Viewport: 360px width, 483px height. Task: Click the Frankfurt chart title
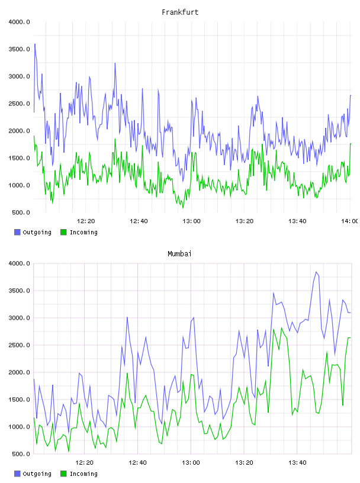180,12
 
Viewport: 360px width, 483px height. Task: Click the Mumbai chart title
179,254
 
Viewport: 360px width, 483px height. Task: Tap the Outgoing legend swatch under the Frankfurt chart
17,232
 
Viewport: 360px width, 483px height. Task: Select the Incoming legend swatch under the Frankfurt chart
63,232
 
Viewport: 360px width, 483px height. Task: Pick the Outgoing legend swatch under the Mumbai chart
17,474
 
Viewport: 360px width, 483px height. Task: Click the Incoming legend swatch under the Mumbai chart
63,474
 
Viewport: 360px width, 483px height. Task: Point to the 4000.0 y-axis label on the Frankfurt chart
19,22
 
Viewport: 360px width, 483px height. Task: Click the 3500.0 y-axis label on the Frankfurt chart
19,49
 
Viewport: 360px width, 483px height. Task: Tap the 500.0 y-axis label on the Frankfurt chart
21,212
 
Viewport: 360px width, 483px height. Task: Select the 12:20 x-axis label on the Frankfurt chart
86,221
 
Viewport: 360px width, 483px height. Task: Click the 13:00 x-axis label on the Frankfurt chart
191,221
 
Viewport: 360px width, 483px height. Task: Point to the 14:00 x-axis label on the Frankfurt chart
349,221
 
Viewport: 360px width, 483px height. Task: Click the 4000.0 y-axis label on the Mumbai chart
19,263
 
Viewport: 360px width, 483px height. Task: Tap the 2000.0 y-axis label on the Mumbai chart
19,372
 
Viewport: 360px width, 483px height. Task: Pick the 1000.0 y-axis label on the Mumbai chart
19,427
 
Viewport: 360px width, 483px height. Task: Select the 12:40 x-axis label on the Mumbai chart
137,463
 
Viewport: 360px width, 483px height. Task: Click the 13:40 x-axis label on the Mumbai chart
297,463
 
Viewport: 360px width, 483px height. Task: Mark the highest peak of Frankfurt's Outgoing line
35,44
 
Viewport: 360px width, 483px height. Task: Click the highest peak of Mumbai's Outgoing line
316,272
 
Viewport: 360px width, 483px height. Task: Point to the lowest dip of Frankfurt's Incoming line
183,208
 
